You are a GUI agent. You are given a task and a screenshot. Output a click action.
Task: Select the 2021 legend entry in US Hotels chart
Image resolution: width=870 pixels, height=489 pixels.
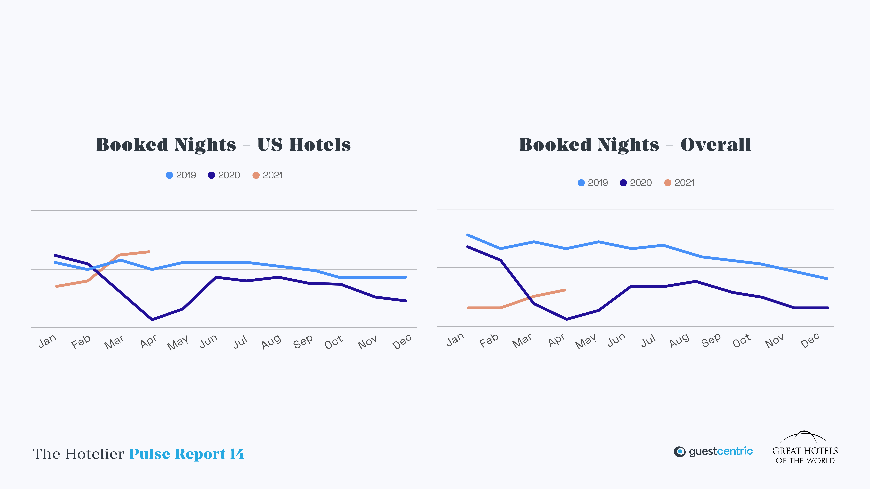coord(268,175)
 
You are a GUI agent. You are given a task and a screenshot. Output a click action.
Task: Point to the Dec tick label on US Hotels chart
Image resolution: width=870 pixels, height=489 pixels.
coord(402,342)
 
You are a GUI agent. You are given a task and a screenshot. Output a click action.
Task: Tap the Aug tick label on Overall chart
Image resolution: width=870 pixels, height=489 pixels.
coord(679,340)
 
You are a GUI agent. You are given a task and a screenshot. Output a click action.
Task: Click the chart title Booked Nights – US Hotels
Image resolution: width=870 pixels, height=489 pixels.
coord(223,145)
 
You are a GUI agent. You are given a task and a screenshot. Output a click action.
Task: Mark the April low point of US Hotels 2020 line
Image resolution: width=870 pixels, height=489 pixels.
coord(152,319)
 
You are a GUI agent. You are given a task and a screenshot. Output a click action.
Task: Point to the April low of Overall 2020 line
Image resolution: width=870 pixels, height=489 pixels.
coord(566,319)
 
